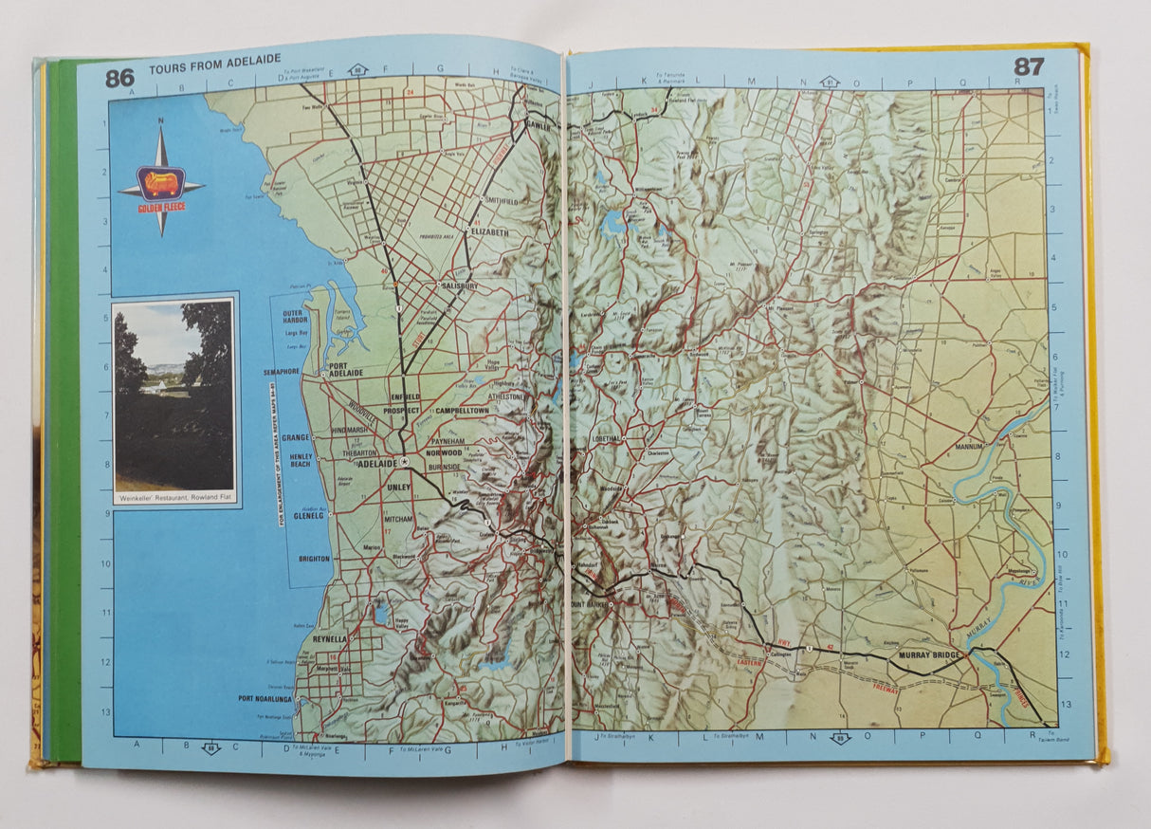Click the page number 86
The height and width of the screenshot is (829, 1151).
click(x=119, y=78)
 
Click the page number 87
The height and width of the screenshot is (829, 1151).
click(x=1029, y=66)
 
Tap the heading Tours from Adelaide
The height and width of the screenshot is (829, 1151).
click(x=214, y=70)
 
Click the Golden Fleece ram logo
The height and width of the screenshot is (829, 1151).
click(x=160, y=182)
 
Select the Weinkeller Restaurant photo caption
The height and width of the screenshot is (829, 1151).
click(x=174, y=497)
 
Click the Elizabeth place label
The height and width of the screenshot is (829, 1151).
click(x=488, y=231)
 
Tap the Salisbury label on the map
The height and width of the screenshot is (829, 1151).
click(x=458, y=286)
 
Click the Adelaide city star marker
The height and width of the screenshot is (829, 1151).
click(x=405, y=461)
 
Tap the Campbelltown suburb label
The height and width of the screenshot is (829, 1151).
click(x=461, y=411)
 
